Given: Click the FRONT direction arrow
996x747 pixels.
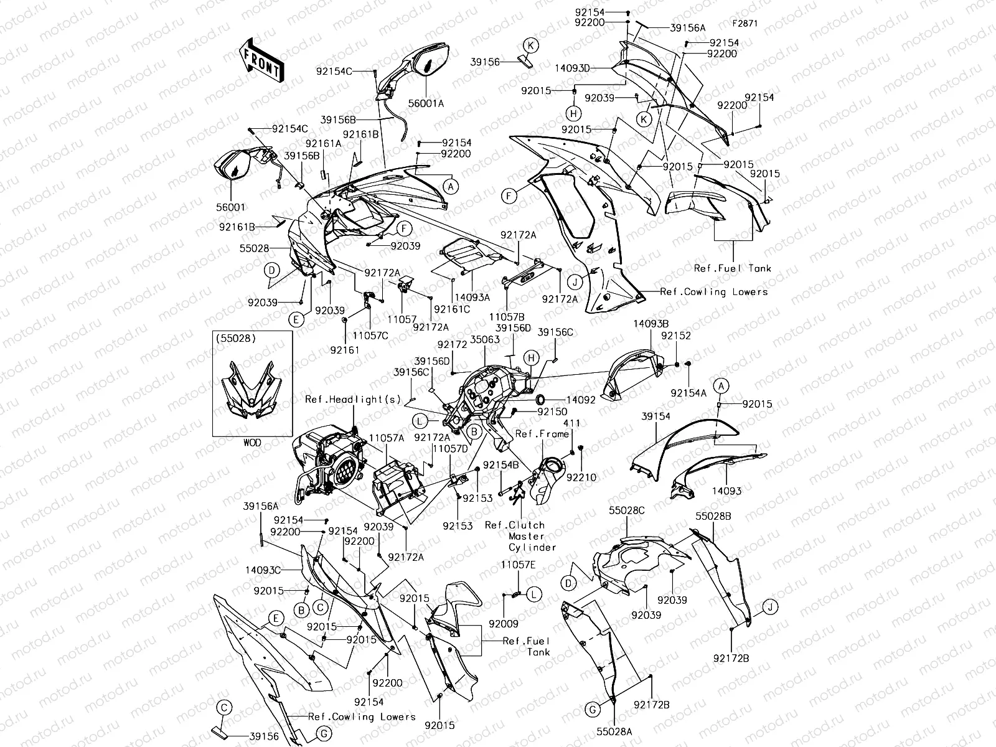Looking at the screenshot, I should pos(260,60).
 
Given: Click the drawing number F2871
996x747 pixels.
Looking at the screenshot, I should pos(745,24).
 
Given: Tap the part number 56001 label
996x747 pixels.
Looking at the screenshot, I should pos(231,207).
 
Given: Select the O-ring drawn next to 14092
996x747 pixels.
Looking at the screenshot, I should pos(539,398).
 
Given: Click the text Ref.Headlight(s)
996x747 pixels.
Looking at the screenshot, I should pos(352,400).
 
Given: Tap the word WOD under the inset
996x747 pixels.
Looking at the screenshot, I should pos(252,443).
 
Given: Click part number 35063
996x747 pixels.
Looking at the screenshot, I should pos(485,340).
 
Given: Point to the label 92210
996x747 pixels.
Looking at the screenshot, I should pos(581,477).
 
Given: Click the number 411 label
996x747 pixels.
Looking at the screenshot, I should pos(571,423).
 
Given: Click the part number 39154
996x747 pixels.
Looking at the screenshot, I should pos(656,416).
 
